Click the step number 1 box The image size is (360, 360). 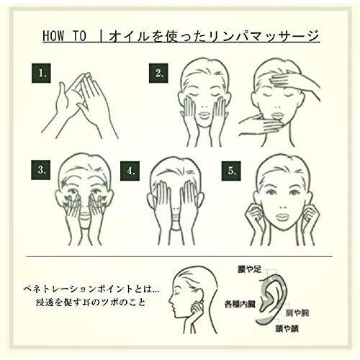[x=41, y=73]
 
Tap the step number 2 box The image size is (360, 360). [x=158, y=73]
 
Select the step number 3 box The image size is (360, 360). [x=40, y=170]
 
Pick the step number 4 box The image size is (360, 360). [x=130, y=171]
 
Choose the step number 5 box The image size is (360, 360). [x=231, y=171]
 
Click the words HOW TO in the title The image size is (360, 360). [x=64, y=36]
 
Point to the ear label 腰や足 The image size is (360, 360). [x=249, y=269]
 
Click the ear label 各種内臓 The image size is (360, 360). [x=240, y=304]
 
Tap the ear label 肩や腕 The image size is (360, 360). [x=297, y=313]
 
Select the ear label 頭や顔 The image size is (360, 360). [x=287, y=328]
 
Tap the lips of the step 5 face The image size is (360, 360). [x=282, y=217]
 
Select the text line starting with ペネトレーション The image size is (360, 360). [x=91, y=289]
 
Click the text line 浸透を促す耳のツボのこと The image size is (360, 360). [x=91, y=302]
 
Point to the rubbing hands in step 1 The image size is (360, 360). [x=80, y=107]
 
